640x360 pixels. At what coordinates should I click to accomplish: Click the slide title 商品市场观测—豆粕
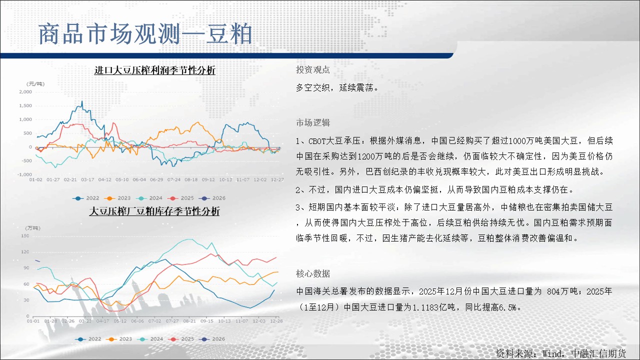point(145,34)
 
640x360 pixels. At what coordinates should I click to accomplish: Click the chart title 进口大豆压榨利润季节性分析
point(154,70)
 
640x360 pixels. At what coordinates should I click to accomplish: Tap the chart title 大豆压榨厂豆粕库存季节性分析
point(154,211)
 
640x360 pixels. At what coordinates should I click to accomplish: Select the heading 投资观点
point(313,69)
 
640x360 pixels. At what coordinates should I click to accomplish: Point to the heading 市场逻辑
point(313,123)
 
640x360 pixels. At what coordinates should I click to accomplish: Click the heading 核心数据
point(313,273)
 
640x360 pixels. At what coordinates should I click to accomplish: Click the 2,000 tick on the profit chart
point(25,91)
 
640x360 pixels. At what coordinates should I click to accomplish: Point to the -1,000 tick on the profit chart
point(24,174)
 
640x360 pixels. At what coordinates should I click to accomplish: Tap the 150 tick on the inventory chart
point(25,235)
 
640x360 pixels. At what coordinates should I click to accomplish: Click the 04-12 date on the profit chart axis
point(105,179)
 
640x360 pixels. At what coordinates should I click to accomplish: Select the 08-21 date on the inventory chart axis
point(189,321)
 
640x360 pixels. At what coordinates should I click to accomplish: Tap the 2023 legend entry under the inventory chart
point(119,339)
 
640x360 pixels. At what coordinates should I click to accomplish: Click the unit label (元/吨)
point(35,83)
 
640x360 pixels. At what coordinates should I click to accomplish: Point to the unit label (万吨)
point(33,228)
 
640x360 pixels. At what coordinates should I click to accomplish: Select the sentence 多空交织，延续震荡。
point(337,87)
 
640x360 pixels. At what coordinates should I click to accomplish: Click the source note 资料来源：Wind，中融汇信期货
point(560,353)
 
